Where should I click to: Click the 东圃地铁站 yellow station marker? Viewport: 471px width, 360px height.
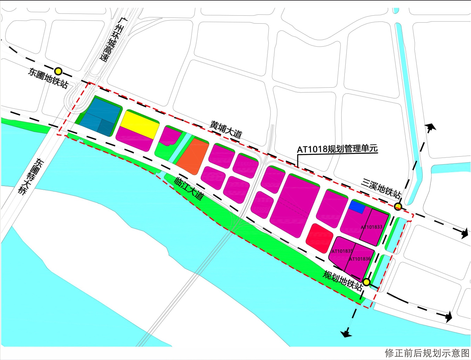pos(58,71)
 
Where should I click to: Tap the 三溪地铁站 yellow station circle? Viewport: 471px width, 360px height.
pos(398,206)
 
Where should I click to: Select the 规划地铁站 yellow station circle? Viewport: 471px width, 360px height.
pos(367,282)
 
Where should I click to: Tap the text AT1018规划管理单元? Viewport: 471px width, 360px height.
pos(337,149)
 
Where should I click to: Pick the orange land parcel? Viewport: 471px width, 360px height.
pos(192,156)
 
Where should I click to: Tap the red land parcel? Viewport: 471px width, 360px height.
pos(319,238)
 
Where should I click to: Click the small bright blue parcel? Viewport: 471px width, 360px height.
pos(357,207)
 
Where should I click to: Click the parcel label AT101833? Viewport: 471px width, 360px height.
pos(371,227)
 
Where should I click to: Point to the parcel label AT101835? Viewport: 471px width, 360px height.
pos(342,251)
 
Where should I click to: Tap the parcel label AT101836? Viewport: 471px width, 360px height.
pos(360,259)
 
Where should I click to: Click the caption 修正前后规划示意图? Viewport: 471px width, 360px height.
pos(427,353)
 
